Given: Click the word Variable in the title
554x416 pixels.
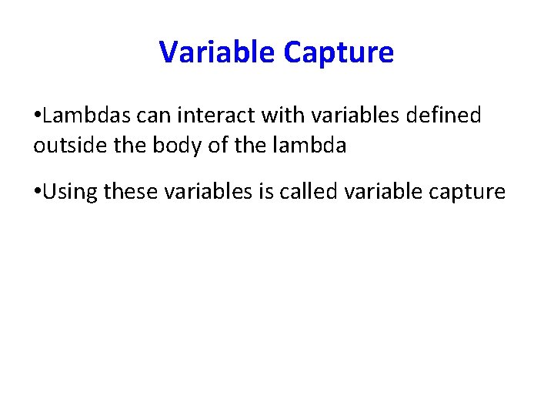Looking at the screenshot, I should [x=218, y=52].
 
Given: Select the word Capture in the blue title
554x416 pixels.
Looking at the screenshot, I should [x=339, y=52].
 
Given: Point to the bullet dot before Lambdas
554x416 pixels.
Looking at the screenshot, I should [x=38, y=116].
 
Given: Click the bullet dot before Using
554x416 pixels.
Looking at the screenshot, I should [x=38, y=192].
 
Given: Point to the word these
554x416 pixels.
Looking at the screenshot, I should [x=129, y=192].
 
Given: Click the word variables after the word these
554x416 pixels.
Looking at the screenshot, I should [x=204, y=192].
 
